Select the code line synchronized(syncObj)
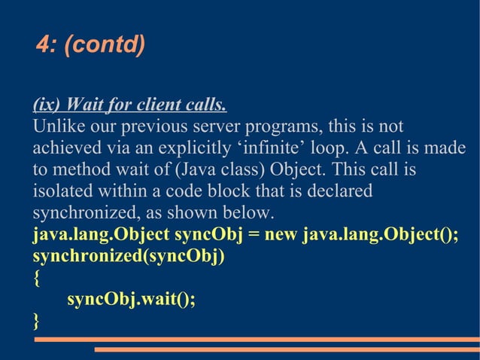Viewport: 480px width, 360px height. [129, 256]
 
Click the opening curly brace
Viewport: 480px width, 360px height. [37, 278]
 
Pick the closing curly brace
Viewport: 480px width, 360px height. [37, 321]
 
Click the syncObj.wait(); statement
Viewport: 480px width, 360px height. [131, 299]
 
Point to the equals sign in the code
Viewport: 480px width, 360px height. [253, 235]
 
